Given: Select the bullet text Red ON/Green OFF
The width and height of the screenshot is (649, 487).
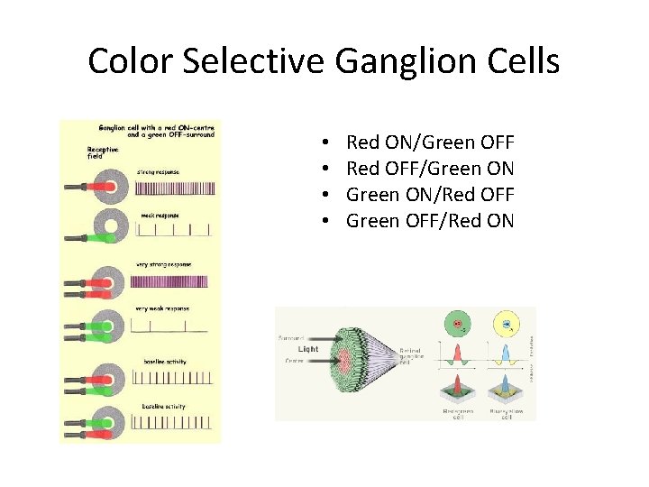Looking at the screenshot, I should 430,142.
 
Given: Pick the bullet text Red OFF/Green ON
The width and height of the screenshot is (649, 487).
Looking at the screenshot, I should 430,168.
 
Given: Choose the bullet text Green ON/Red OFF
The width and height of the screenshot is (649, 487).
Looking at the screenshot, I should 430,193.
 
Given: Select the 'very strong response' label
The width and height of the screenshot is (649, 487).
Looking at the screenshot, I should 163,264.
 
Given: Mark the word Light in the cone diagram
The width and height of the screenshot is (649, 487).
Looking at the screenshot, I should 309,348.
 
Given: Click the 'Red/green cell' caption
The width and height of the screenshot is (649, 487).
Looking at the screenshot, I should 458,411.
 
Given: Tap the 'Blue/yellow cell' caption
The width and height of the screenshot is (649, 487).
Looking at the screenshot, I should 506,411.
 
